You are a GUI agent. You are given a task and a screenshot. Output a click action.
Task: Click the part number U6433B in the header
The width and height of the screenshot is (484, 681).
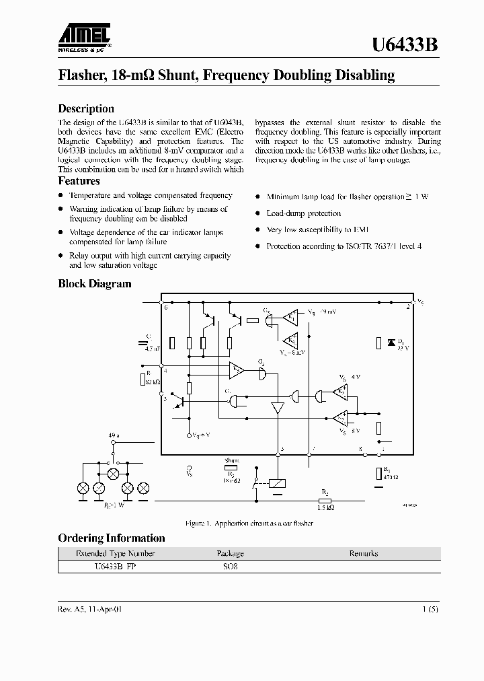click(406, 44)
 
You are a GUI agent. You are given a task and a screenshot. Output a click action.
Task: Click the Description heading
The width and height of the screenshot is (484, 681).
click(86, 108)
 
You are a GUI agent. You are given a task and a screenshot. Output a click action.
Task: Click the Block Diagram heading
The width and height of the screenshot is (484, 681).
click(95, 283)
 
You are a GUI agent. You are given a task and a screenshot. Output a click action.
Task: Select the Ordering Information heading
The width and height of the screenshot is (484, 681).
click(112, 538)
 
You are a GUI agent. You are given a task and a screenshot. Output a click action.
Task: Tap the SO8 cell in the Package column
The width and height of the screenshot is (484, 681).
click(231, 567)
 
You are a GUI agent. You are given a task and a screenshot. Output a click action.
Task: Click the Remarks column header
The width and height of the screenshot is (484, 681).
click(364, 553)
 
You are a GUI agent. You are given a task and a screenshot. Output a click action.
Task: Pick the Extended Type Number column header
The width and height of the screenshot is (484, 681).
click(116, 553)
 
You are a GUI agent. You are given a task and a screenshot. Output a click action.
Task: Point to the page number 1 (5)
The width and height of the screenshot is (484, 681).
click(431, 609)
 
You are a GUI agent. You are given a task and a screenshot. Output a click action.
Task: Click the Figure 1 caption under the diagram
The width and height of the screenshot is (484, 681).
click(249, 523)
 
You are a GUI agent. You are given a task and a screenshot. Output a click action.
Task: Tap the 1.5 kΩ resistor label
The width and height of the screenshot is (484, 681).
click(325, 507)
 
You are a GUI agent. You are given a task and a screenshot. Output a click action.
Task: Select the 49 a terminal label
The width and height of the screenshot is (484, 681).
click(113, 436)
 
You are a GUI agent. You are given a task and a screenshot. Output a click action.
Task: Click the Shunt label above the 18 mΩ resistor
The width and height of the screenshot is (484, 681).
click(231, 460)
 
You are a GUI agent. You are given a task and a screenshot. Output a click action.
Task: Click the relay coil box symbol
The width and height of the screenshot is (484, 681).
click(278, 483)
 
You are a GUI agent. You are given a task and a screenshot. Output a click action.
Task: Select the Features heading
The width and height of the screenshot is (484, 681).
click(79, 180)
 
